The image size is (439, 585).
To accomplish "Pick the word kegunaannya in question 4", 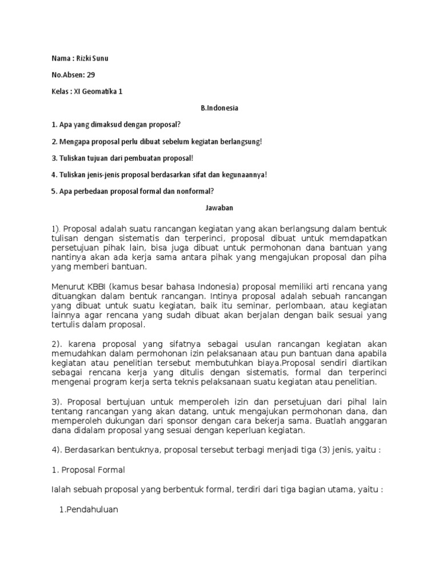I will pyautogui.click(x=243, y=174).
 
